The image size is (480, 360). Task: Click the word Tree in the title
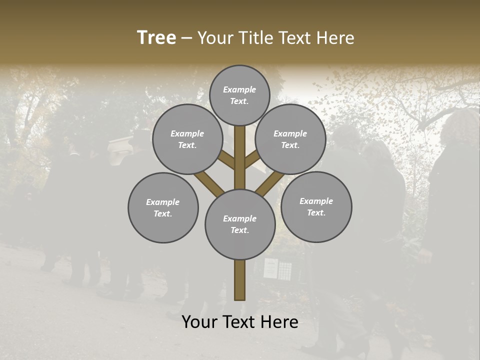point(156,37)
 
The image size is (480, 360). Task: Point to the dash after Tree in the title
point(186,38)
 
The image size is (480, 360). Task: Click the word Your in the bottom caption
point(200,322)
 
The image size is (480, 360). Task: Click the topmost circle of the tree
point(239,95)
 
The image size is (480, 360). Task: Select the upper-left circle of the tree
point(187,139)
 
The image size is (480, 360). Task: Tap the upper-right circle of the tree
point(290,139)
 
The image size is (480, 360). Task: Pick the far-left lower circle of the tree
point(163,207)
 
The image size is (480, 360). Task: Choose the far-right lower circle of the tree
point(316,206)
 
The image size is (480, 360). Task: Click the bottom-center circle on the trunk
point(240,224)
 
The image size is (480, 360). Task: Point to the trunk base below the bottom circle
point(239,280)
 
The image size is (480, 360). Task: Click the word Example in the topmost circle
point(239,89)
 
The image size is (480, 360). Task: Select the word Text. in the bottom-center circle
point(239,230)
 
